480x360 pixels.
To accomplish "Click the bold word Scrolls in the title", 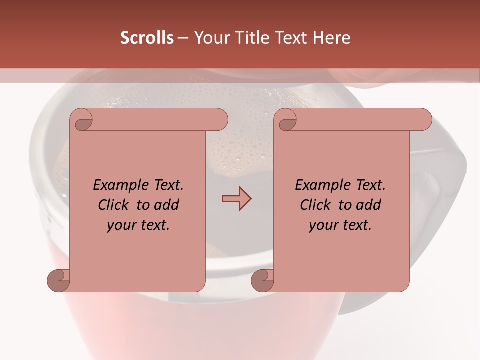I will pyautogui.click(x=147, y=38).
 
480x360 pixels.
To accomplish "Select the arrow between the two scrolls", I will pyautogui.click(x=236, y=199).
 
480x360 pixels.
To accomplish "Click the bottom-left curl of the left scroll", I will pyautogui.click(x=59, y=280).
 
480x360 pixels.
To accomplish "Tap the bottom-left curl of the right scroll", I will pyautogui.click(x=263, y=280).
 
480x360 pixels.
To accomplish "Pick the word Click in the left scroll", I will pyautogui.click(x=114, y=205).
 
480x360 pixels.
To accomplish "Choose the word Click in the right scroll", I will pyautogui.click(x=316, y=205).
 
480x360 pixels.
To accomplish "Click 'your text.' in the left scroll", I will pyautogui.click(x=138, y=225).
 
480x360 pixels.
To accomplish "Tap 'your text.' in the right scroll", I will pyautogui.click(x=340, y=225).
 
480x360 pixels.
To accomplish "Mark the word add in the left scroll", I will pyautogui.click(x=167, y=205).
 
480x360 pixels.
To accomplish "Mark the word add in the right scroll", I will pyautogui.click(x=369, y=205).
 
